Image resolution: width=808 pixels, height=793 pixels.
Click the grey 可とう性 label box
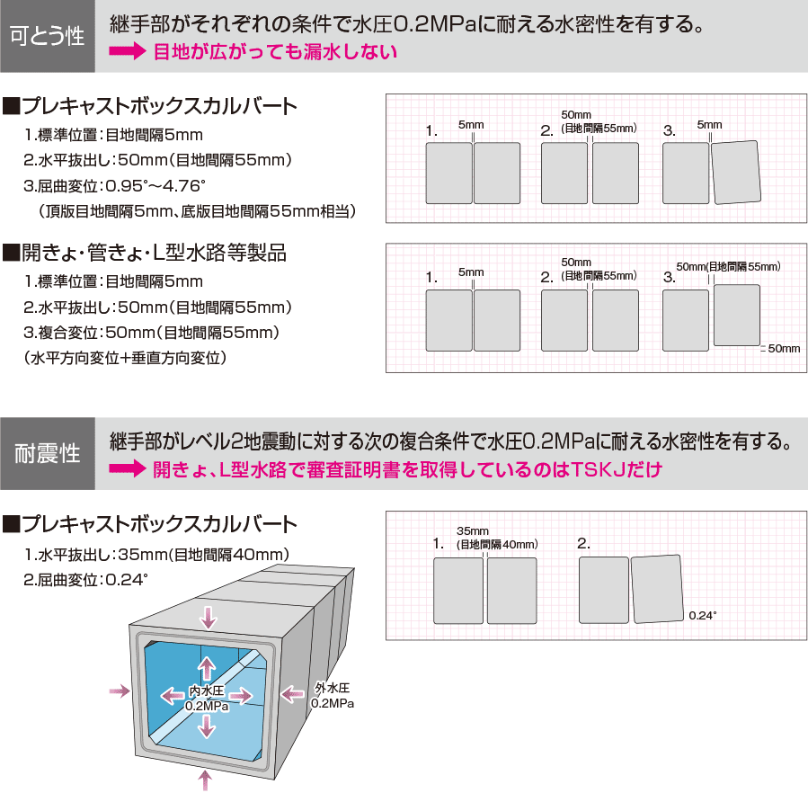coord(47,36)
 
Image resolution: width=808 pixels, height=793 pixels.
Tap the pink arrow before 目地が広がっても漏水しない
coord(127,52)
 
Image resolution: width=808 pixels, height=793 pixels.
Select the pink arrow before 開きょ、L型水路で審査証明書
coord(127,469)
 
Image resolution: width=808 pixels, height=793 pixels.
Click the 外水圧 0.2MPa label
coord(333,695)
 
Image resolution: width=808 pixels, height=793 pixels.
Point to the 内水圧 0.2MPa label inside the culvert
coord(207,699)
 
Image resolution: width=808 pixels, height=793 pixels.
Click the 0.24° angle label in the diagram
coord(702,615)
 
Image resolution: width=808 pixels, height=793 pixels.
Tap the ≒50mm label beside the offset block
coord(780,348)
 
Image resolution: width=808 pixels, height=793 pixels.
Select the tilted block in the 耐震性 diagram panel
coord(657,589)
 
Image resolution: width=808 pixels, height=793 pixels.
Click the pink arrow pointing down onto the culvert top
coord(209,617)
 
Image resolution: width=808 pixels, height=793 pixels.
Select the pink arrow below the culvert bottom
coord(208,779)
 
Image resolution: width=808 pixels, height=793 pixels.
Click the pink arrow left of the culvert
coord(118,691)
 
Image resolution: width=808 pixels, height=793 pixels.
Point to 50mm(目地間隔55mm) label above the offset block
coord(728,267)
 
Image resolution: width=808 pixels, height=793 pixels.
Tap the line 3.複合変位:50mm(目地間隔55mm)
coord(153,332)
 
